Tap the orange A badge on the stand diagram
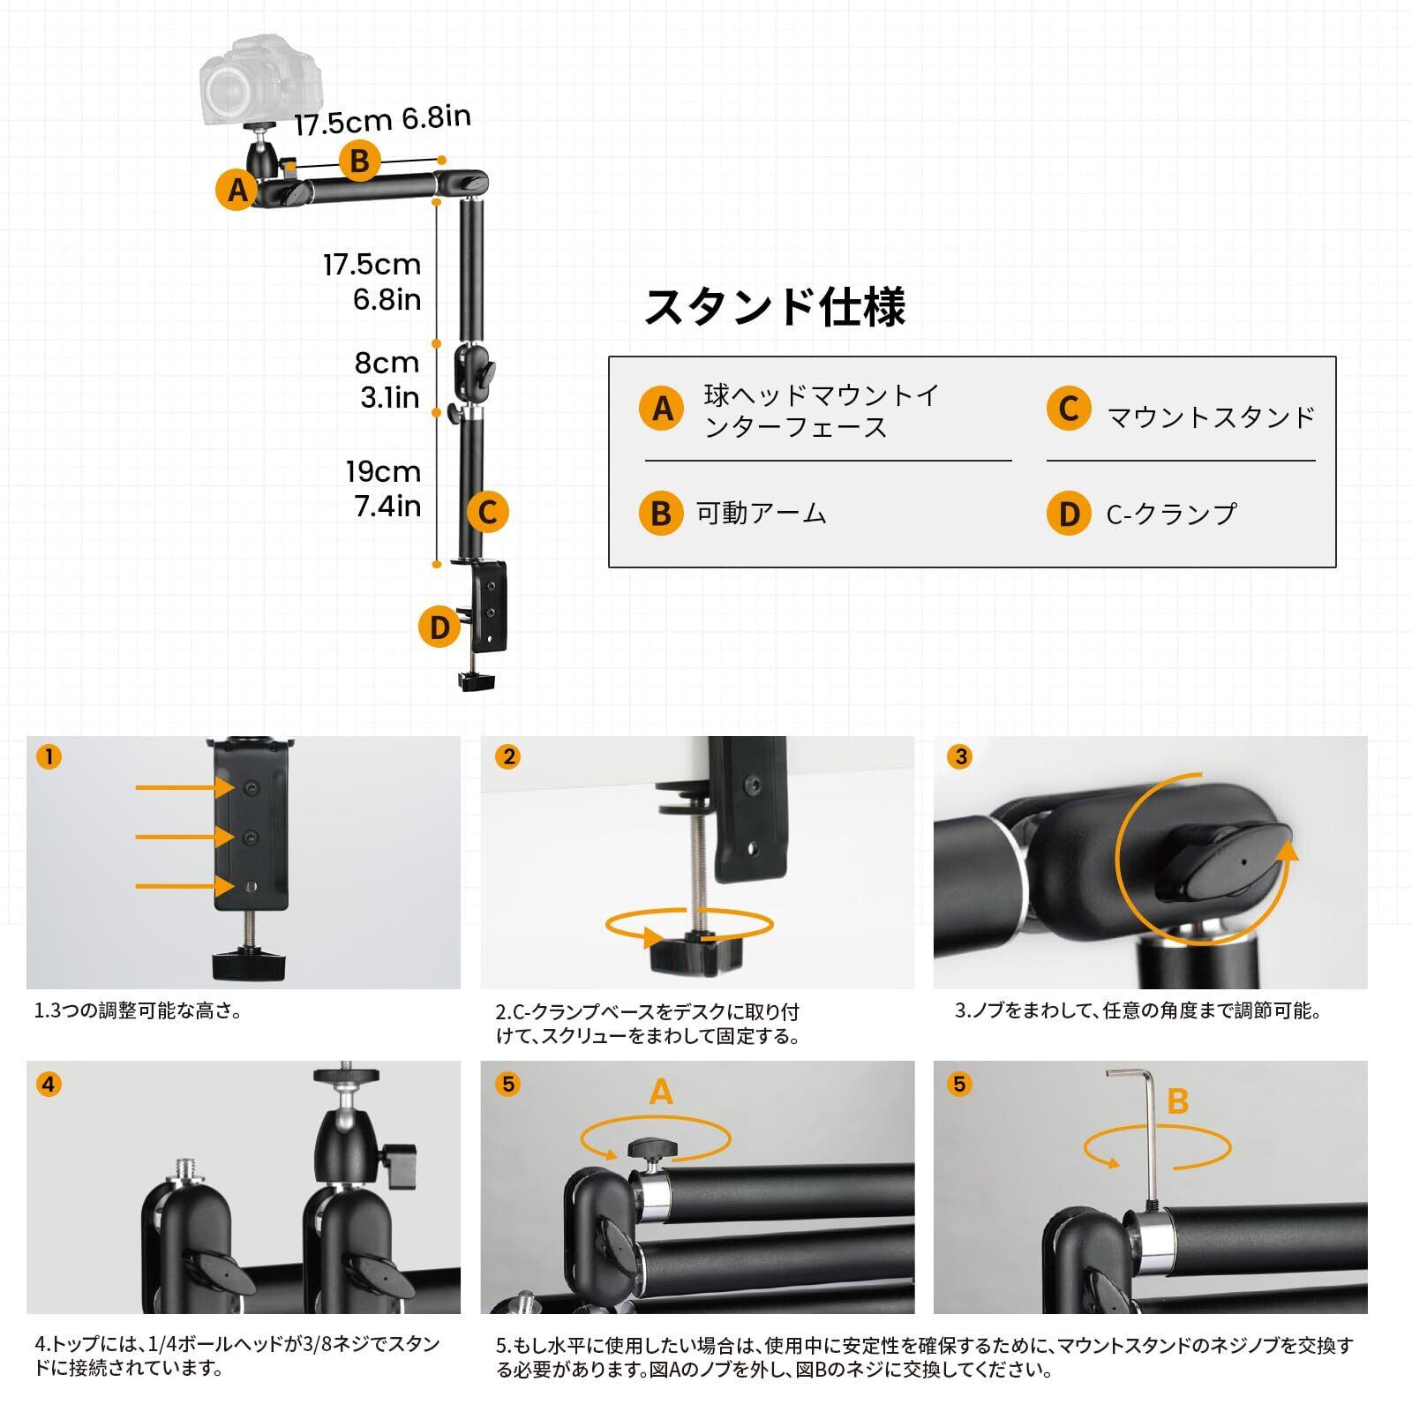pos(237,190)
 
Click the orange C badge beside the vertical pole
pos(487,512)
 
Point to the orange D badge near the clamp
pos(439,627)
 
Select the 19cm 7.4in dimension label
pos(384,488)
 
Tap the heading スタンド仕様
pos(775,306)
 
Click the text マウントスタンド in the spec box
pos(1211,417)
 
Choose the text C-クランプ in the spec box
pos(1171,514)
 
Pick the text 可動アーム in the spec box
pos(761,514)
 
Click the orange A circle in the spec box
pos(662,409)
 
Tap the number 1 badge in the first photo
pos(49,756)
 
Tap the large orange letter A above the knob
pos(661,1093)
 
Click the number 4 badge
pos(49,1084)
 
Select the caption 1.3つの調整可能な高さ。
pos(138,1011)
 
